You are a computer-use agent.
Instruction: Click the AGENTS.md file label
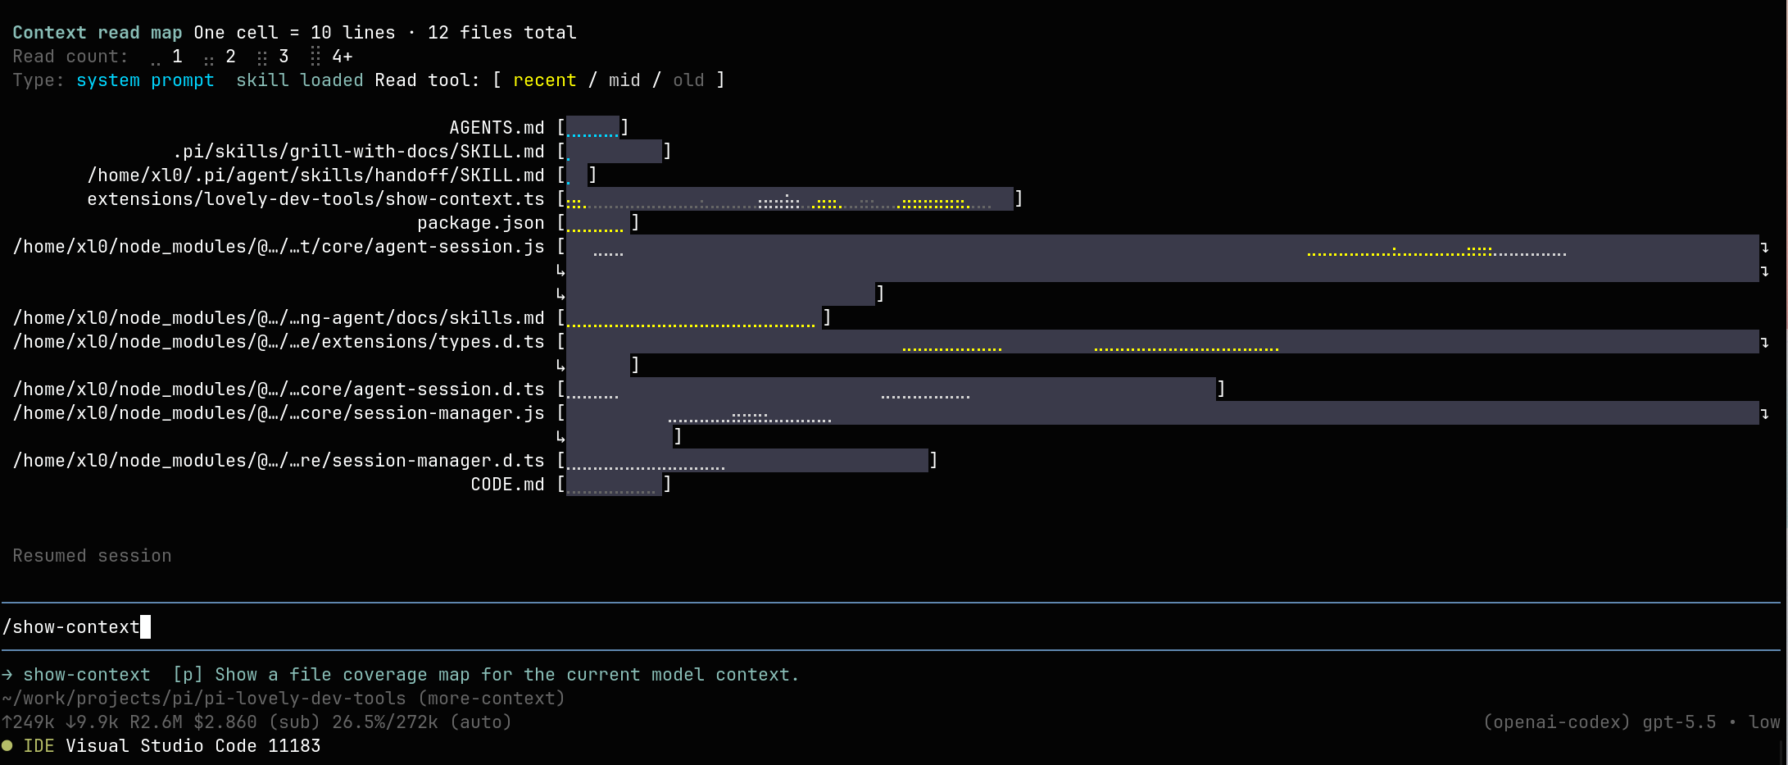[497, 128]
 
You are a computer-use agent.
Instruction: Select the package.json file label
[481, 223]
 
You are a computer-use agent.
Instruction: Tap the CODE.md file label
[508, 485]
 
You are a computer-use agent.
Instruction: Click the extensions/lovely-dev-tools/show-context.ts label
[315, 199]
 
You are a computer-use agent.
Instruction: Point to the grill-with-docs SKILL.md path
[359, 152]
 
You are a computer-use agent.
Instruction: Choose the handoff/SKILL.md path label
[315, 175]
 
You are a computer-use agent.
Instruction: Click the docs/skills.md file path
[279, 318]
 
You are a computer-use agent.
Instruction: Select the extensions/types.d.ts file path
[279, 342]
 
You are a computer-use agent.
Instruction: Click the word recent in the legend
[545, 80]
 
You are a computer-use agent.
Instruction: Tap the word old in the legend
[688, 80]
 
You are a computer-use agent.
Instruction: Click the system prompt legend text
[145, 80]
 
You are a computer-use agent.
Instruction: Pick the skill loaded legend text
[300, 80]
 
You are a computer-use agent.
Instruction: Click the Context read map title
[98, 33]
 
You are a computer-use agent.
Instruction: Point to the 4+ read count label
[343, 57]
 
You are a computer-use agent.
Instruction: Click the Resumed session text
[93, 556]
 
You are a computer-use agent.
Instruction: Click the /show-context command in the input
[71, 627]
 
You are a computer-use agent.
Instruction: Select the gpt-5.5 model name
[1679, 722]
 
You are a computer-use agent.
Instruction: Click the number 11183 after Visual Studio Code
[294, 746]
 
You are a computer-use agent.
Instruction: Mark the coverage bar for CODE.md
[614, 485]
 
